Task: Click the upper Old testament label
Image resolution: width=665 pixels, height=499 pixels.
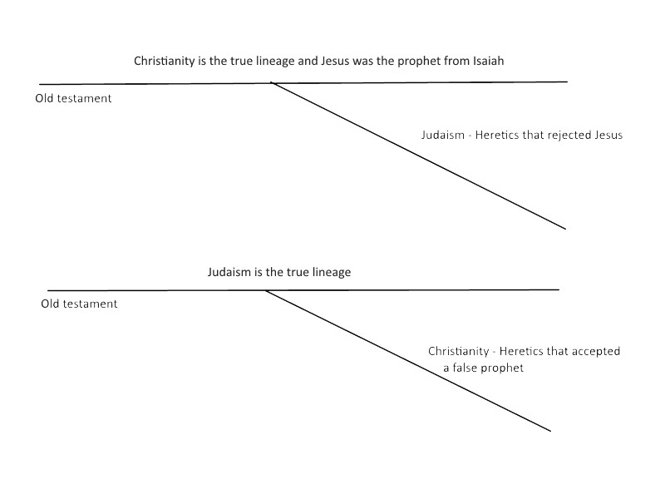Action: [73, 98]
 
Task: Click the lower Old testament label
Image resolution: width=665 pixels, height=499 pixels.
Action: [79, 304]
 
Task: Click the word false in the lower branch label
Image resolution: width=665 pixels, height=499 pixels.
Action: [467, 368]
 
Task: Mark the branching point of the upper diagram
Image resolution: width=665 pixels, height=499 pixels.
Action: [271, 83]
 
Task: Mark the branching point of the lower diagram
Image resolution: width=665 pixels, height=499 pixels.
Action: [264, 290]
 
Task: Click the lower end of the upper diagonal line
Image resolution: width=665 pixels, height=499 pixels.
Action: [565, 228]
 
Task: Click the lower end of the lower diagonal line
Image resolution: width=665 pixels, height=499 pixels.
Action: [550, 430]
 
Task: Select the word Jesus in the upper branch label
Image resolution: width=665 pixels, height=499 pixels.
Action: [608, 135]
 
